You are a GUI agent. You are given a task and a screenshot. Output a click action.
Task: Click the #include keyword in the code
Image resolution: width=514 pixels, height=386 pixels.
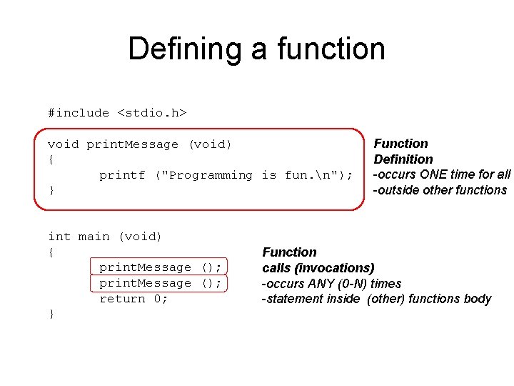coord(79,113)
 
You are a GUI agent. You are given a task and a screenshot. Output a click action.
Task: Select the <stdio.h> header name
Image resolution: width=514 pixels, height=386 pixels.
coord(152,113)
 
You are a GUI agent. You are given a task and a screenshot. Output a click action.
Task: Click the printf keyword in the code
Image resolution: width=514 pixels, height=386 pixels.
coord(121,175)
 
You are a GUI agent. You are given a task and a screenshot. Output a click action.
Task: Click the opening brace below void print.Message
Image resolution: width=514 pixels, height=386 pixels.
coord(51,159)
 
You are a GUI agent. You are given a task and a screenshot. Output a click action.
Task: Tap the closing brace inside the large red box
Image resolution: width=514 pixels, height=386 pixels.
coord(51,191)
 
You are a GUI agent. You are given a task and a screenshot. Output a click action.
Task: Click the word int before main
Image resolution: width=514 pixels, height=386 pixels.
coord(59,237)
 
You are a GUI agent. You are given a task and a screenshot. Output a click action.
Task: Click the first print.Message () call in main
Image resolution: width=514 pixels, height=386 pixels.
coord(160,267)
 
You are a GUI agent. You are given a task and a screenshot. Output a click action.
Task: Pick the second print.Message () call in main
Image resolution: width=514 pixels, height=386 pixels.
coord(160,283)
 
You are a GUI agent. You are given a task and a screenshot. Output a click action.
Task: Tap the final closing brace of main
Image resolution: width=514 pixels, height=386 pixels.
coord(51,315)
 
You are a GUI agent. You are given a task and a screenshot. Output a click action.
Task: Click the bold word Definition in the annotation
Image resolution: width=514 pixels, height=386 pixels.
coord(403,159)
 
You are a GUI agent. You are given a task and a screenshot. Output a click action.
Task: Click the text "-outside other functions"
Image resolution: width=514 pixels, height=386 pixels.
coord(439,190)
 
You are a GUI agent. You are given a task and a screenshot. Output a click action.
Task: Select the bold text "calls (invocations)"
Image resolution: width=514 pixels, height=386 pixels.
coord(318,268)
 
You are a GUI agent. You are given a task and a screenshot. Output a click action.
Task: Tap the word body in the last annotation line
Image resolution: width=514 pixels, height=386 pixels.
coord(478,299)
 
